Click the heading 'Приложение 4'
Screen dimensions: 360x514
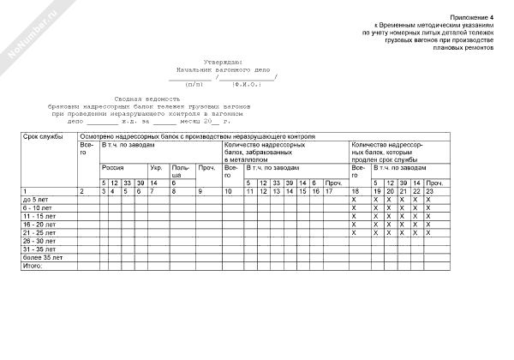[x=476, y=17]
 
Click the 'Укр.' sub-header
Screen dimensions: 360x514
[x=156, y=168]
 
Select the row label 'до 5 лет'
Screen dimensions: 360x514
[x=37, y=199]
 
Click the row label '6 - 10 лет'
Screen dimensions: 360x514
[x=39, y=207]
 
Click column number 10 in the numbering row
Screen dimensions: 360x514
[x=229, y=190]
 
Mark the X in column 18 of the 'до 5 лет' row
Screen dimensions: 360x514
[x=354, y=199]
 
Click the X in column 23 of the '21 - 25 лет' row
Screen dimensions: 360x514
[x=428, y=232]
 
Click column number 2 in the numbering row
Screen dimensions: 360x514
[x=81, y=190]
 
